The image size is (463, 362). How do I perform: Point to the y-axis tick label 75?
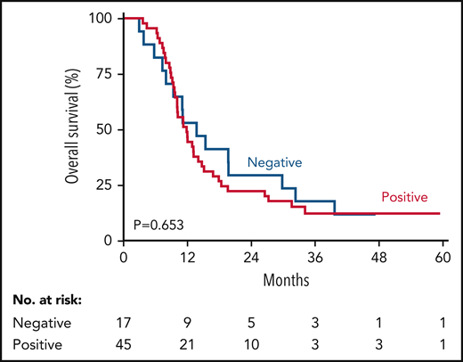[103, 74]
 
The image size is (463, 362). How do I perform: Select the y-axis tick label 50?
[103, 129]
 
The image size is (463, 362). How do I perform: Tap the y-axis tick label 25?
[103, 185]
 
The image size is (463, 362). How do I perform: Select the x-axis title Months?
[281, 278]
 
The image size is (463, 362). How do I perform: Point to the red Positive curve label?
[405, 197]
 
